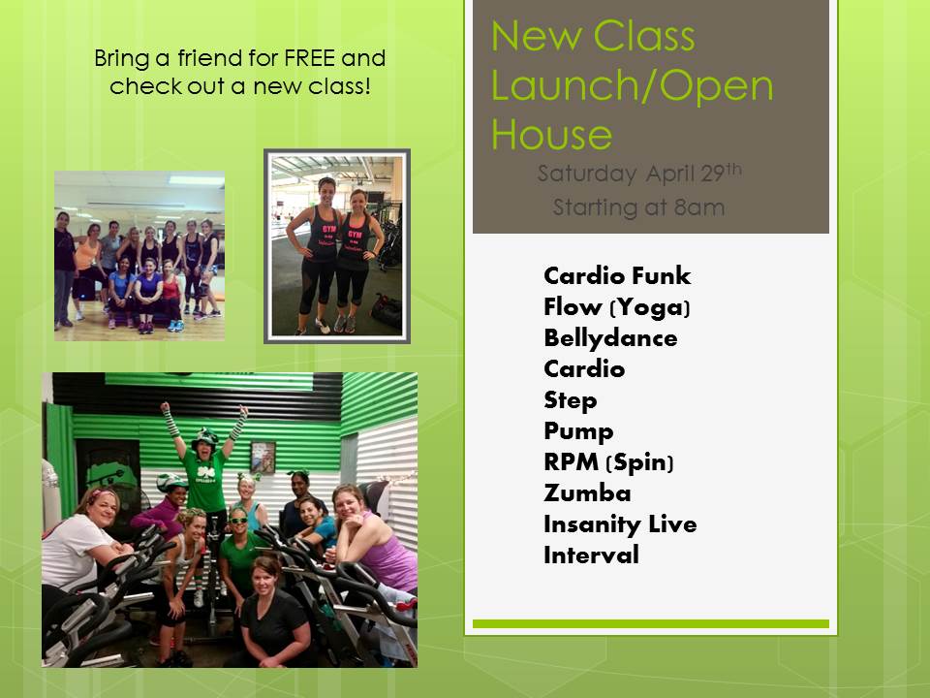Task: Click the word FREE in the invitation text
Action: pyautogui.click(x=310, y=58)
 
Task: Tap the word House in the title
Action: pyautogui.click(x=551, y=135)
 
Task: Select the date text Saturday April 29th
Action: pyautogui.click(x=639, y=174)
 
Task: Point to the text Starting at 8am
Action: pyautogui.click(x=638, y=207)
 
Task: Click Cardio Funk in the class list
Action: pyautogui.click(x=617, y=276)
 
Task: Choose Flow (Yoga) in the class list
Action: pyautogui.click(x=617, y=307)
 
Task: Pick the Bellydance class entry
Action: pyautogui.click(x=610, y=338)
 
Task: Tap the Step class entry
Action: pyautogui.click(x=570, y=400)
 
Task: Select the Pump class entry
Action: pyautogui.click(x=578, y=431)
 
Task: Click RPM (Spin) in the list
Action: pyautogui.click(x=608, y=462)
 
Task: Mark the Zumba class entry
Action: pyautogui.click(x=587, y=493)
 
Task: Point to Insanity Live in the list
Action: pyautogui.click(x=620, y=524)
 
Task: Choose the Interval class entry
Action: pyautogui.click(x=591, y=555)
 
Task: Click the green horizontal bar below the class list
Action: pyautogui.click(x=651, y=623)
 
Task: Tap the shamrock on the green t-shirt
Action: pyautogui.click(x=207, y=472)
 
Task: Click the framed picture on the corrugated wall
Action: pyautogui.click(x=263, y=457)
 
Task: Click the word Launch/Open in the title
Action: pyautogui.click(x=633, y=86)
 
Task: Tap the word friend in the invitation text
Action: pyautogui.click(x=210, y=58)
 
